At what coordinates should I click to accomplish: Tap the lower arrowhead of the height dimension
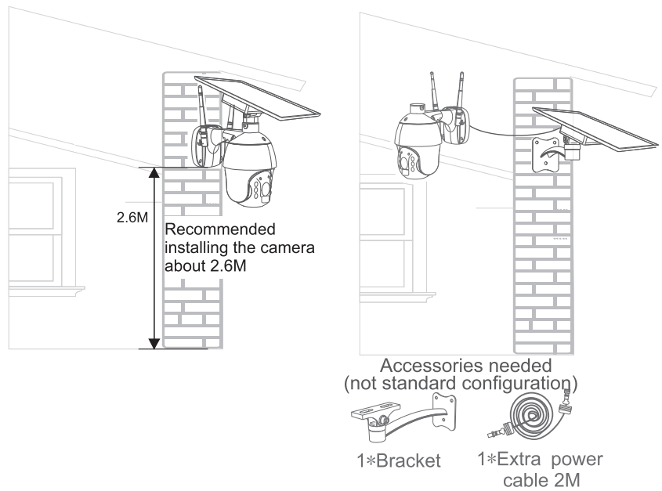coord(154,342)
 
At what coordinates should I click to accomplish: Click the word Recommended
coord(220,230)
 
